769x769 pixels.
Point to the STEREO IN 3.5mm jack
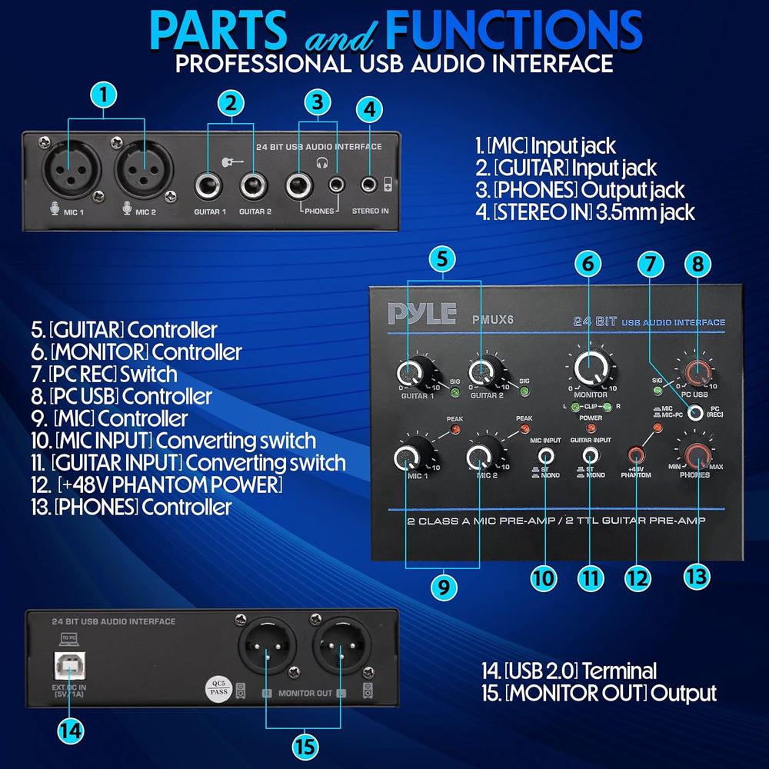tap(371, 185)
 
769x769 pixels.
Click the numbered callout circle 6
tap(588, 264)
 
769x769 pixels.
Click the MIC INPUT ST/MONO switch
tap(546, 455)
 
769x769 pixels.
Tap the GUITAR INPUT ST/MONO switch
tap(590, 455)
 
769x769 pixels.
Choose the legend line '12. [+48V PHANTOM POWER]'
tap(169, 485)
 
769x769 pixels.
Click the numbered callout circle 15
tap(305, 744)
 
